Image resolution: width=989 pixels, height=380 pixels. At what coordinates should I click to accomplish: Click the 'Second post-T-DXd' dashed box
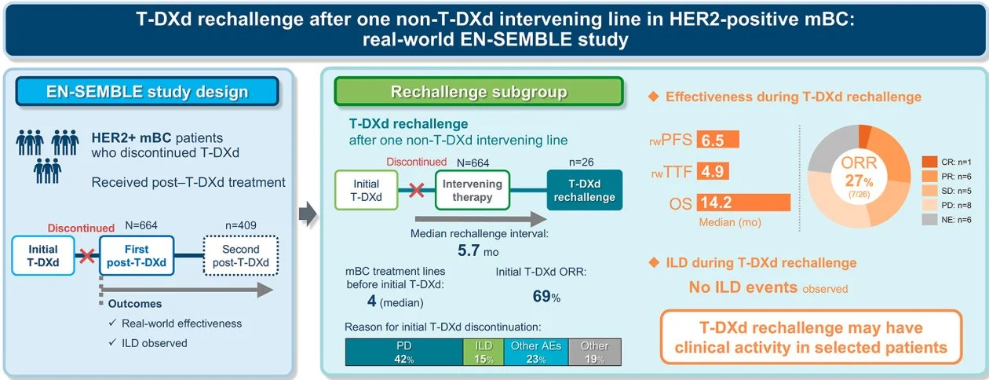pyautogui.click(x=241, y=256)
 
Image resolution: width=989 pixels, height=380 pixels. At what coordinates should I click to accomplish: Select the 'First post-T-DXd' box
pyautogui.click(x=137, y=256)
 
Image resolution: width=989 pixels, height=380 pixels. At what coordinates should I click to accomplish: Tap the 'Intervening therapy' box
pyautogui.click(x=473, y=190)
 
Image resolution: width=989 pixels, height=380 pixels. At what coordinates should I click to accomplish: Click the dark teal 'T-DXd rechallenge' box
pyautogui.click(x=585, y=190)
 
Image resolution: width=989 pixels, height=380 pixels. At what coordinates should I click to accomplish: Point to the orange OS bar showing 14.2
pyautogui.click(x=743, y=203)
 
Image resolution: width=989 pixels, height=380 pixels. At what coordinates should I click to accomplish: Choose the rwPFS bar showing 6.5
pyautogui.click(x=718, y=140)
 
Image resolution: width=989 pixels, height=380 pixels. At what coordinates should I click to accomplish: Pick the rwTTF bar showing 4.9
pyautogui.click(x=713, y=171)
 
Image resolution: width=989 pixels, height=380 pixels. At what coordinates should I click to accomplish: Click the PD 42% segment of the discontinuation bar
pyautogui.click(x=404, y=353)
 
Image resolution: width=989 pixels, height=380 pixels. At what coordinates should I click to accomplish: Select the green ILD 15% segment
pyautogui.click(x=484, y=353)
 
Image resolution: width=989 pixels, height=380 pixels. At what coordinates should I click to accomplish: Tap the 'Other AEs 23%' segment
pyautogui.click(x=536, y=353)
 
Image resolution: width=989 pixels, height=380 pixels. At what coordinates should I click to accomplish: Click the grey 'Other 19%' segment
pyautogui.click(x=595, y=353)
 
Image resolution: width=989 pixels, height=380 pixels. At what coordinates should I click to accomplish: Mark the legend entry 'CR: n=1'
pyautogui.click(x=947, y=163)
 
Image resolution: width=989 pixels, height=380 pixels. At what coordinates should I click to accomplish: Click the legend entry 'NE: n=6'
pyautogui.click(x=947, y=220)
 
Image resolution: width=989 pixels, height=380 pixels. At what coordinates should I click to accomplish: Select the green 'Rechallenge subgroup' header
pyautogui.click(x=479, y=91)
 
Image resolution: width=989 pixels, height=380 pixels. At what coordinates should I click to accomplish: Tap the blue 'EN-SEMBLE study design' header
pyautogui.click(x=147, y=91)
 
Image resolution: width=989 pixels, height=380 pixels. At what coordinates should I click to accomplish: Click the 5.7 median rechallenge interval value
pyautogui.click(x=469, y=250)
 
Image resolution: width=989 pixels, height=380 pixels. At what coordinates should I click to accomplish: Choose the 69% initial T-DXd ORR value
pyautogui.click(x=546, y=297)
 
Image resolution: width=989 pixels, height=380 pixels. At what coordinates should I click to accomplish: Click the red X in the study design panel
pyautogui.click(x=87, y=255)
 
